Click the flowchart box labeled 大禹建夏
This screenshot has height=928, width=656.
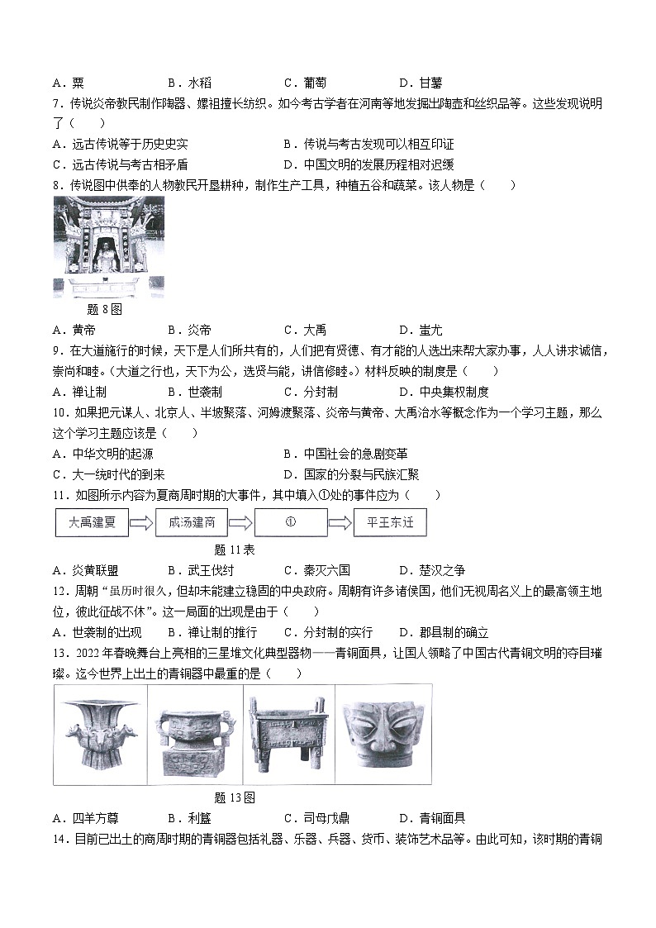(92, 524)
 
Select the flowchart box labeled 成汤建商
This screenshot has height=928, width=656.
(192, 524)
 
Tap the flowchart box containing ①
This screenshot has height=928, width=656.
(291, 524)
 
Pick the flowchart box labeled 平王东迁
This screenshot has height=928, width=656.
(390, 524)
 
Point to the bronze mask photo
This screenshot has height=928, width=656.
(383, 735)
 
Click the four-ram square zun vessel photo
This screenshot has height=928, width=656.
(100, 735)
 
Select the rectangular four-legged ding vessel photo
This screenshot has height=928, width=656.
(289, 735)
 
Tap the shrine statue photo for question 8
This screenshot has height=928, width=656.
(108, 247)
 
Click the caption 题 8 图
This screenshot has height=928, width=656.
(104, 309)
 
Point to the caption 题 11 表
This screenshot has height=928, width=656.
(235, 549)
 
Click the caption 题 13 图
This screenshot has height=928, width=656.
(235, 797)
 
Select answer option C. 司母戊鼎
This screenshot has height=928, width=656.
(316, 818)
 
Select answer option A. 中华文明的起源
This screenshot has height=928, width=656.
(102, 454)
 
